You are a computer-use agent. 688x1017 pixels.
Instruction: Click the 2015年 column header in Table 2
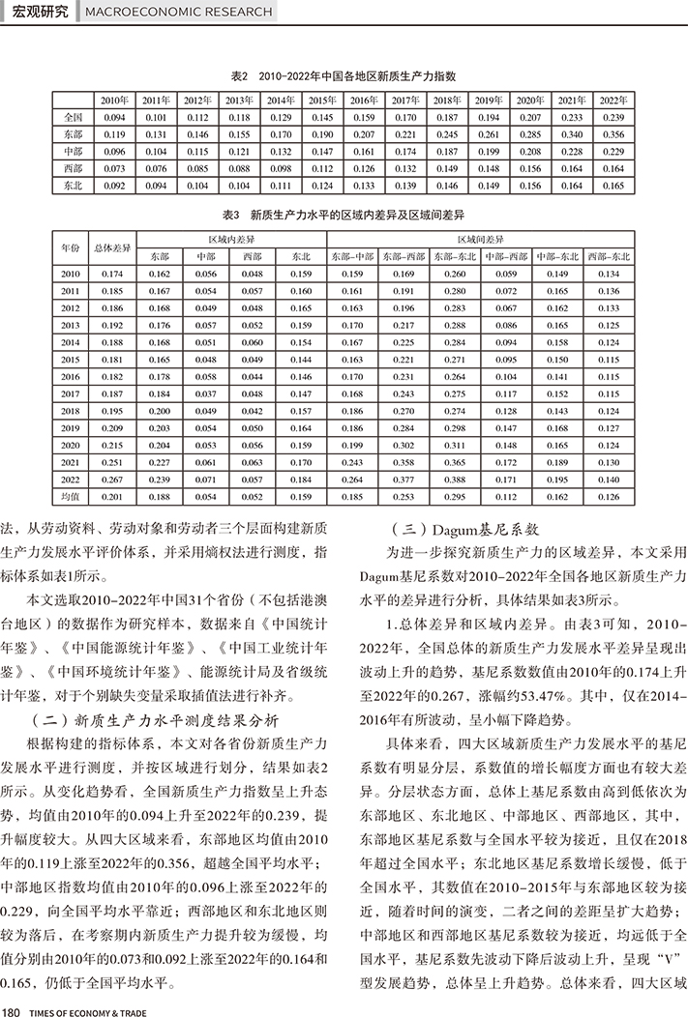(322, 101)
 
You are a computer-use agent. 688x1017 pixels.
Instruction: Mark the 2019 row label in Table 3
(70, 427)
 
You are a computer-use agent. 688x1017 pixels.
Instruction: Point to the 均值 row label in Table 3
(70, 496)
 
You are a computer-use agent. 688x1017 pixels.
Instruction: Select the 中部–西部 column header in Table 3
(506, 256)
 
